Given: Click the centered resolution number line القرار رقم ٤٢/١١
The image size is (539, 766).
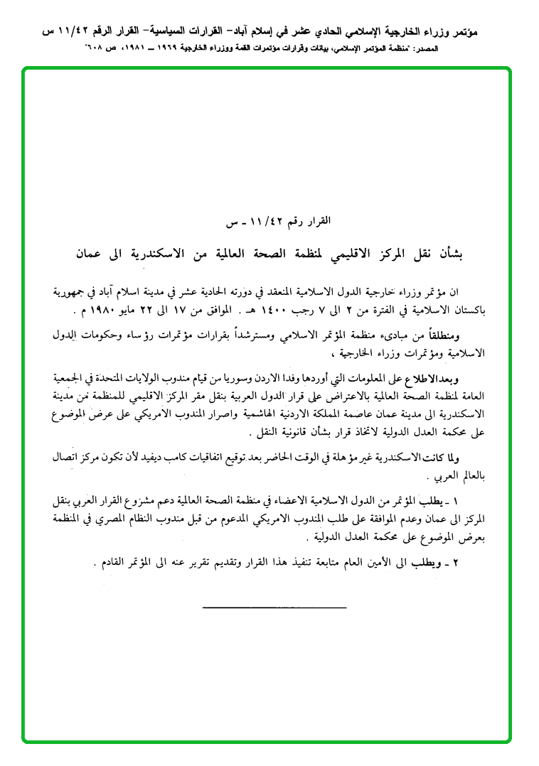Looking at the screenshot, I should [x=269, y=222].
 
